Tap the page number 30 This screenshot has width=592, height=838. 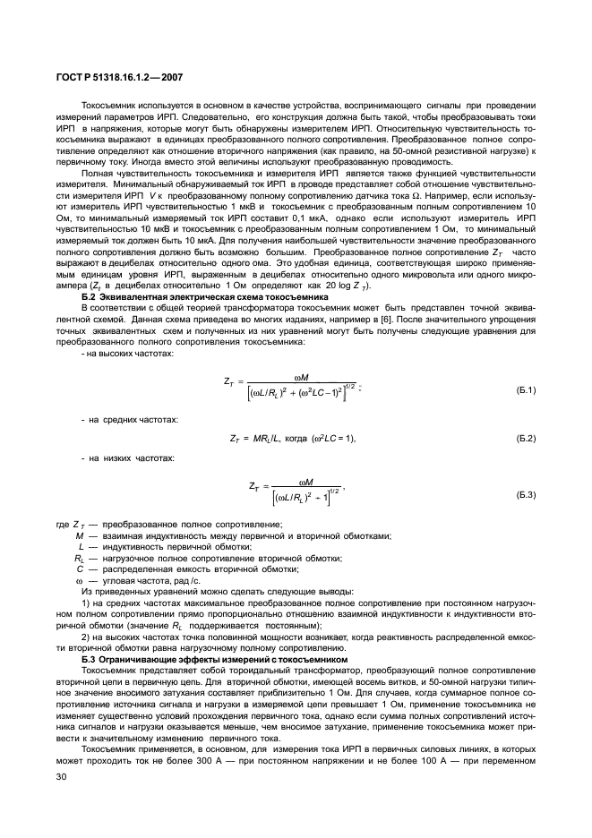coord(62,789)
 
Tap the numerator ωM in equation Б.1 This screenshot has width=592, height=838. coord(302,376)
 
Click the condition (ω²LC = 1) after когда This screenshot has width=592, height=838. coord(332,438)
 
